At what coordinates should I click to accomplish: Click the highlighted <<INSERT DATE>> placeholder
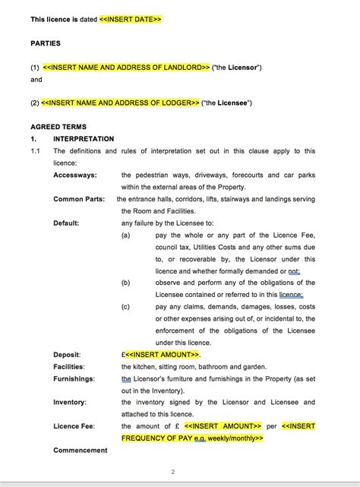tap(130, 19)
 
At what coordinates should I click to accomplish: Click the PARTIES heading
tap(46, 43)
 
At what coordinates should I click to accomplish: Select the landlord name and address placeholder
tap(126, 68)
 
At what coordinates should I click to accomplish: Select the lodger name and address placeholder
tap(121, 103)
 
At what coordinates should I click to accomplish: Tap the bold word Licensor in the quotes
tap(243, 68)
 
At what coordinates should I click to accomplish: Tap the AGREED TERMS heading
tap(58, 127)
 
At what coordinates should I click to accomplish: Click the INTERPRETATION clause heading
tap(84, 139)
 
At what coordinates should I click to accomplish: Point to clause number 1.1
tap(36, 151)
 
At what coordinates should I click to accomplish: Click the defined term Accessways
tap(75, 175)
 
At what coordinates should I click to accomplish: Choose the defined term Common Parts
tap(78, 199)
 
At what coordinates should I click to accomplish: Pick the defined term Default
tap(67, 223)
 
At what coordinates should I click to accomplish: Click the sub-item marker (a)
tap(126, 236)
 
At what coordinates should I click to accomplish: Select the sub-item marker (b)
tap(126, 282)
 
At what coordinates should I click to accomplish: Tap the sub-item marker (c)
tap(126, 306)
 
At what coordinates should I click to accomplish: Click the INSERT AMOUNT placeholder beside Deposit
tap(163, 354)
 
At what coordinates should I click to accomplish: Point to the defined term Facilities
tap(68, 366)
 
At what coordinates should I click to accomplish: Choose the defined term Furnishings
tap(74, 378)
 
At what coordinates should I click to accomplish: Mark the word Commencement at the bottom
tap(81, 450)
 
